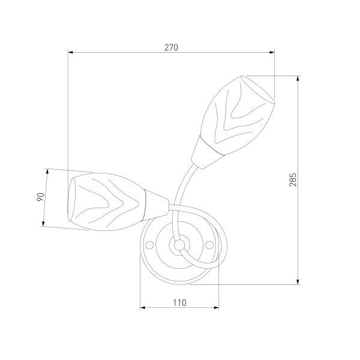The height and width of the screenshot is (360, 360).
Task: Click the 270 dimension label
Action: click(171, 47)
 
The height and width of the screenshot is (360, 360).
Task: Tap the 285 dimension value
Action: click(293, 179)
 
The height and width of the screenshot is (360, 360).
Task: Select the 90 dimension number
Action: click(40, 197)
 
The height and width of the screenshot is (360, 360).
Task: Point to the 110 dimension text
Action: click(179, 303)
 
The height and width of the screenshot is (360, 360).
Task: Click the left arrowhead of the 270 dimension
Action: click(70, 52)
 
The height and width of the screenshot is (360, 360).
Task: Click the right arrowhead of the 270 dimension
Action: click(272, 52)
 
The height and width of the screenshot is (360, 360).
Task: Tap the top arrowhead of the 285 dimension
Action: click(298, 78)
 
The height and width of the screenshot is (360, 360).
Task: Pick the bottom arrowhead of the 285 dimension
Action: click(298, 282)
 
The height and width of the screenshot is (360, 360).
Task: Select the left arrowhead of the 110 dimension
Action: click(143, 308)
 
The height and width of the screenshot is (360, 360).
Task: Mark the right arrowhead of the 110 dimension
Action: click(216, 308)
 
